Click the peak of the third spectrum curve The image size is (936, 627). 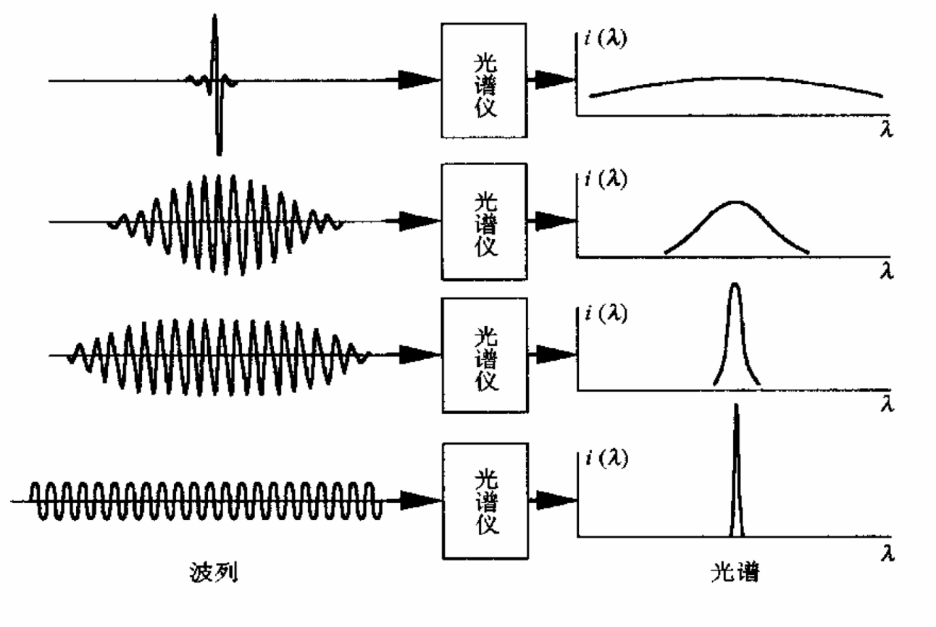tap(735, 286)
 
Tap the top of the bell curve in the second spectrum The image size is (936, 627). tap(735, 203)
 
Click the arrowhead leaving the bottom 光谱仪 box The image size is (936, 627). tap(556, 500)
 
